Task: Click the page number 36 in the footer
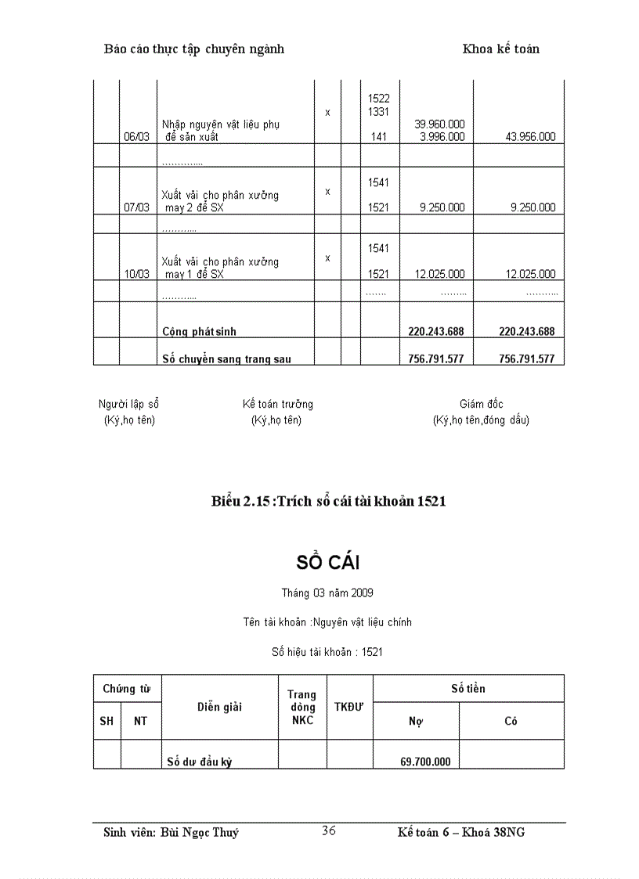pos(329,830)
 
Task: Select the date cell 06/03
pos(136,136)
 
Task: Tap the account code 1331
pos(378,112)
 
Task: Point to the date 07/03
pos(136,207)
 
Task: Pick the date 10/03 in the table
pos(136,274)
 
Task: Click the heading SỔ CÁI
pos(328,562)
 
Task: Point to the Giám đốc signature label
pos(481,405)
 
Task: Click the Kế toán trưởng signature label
pos(277,405)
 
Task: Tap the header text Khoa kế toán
pos(500,49)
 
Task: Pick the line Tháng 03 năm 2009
pos(322,593)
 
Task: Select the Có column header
pos(511,721)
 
